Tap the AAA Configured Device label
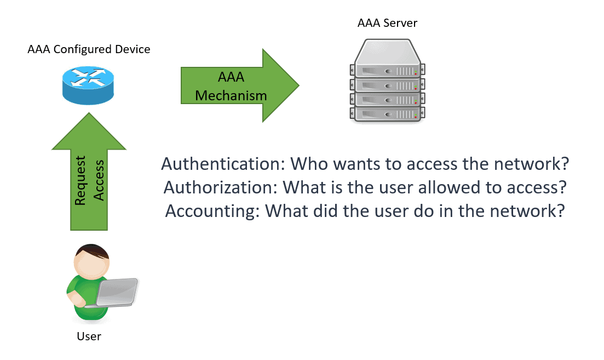tap(89, 49)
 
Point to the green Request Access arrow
tap(89, 181)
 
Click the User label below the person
tap(89, 336)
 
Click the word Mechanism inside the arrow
tap(231, 95)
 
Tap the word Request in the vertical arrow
tap(80, 181)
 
